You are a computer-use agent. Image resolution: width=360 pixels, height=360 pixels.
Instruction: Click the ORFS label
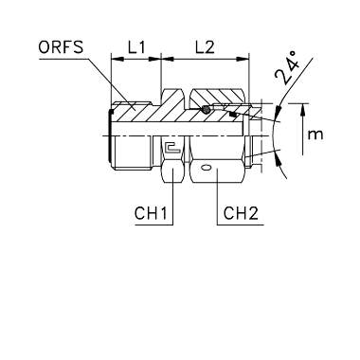click(61, 47)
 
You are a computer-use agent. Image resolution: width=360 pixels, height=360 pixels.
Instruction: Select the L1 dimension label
click(136, 47)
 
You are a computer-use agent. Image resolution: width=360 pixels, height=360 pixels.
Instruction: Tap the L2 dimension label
click(205, 47)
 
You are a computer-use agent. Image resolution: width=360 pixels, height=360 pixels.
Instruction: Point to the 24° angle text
click(286, 68)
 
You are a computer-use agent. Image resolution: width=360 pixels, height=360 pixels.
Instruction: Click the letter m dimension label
click(315, 135)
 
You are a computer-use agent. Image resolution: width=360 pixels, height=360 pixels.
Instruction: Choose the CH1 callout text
click(151, 213)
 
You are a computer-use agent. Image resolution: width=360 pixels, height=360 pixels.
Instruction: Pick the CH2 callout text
click(241, 213)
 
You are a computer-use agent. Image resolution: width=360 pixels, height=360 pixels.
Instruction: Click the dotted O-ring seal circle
click(206, 109)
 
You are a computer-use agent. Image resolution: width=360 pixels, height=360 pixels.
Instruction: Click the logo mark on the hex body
click(172, 148)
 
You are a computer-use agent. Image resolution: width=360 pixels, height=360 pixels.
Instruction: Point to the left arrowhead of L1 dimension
click(117, 59)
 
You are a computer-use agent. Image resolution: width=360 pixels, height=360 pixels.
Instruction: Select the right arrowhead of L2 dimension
click(243, 59)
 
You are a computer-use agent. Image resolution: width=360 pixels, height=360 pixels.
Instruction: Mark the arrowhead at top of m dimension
click(303, 109)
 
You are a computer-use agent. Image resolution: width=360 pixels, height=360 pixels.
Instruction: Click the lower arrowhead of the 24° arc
click(279, 156)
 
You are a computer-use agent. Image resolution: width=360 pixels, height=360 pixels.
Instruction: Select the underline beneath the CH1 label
click(154, 225)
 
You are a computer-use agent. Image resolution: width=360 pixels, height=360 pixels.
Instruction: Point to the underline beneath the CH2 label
click(241, 225)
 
